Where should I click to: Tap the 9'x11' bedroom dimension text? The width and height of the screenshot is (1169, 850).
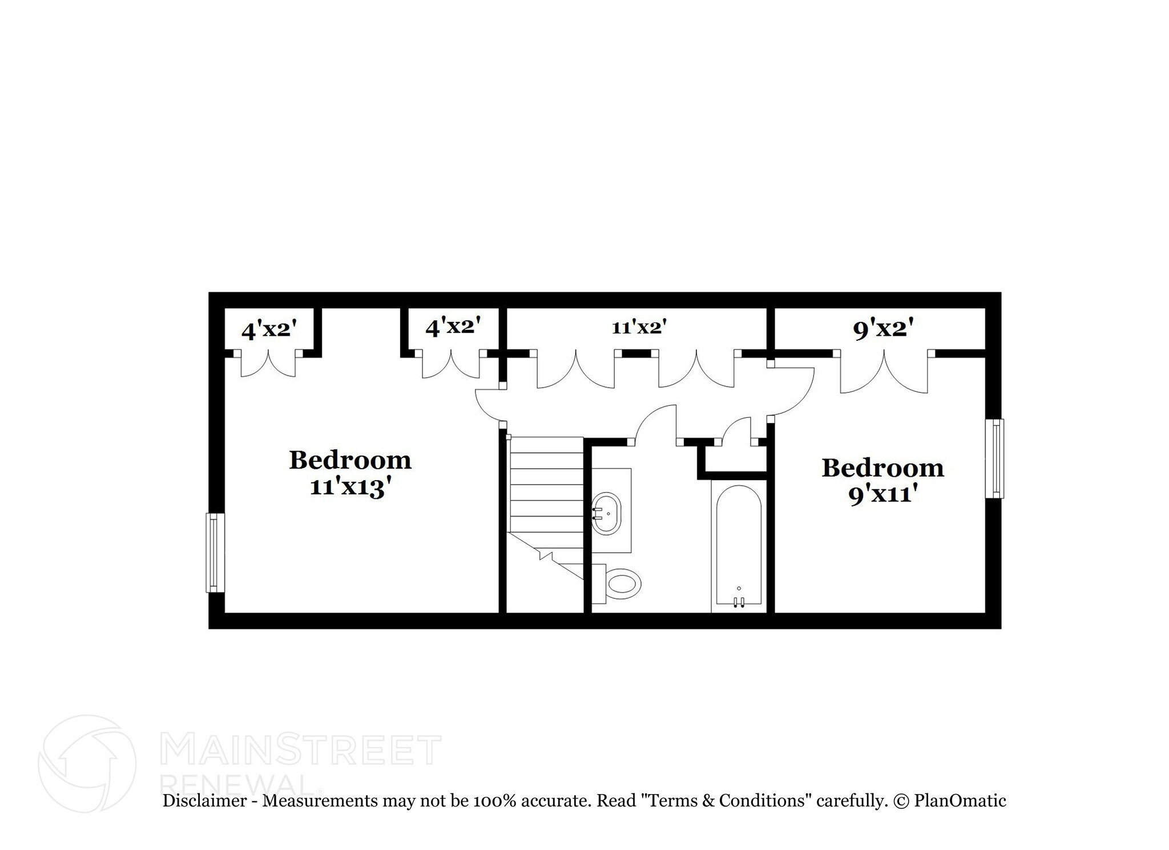pyautogui.click(x=882, y=494)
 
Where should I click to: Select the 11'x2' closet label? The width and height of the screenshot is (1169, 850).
pyautogui.click(x=639, y=328)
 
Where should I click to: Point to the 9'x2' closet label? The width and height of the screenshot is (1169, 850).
pyautogui.click(x=883, y=329)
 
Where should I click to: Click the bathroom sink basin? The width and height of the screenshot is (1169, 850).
pyautogui.click(x=606, y=513)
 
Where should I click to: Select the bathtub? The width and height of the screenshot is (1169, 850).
pyautogui.click(x=739, y=545)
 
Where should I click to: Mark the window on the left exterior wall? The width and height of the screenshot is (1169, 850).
pyautogui.click(x=215, y=552)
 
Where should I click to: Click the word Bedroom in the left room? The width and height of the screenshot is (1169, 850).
pyautogui.click(x=350, y=460)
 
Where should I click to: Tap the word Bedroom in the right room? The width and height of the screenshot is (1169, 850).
pyautogui.click(x=882, y=468)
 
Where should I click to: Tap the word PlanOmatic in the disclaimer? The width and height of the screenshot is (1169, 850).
pyautogui.click(x=960, y=800)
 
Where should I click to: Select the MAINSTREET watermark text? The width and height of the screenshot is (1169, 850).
pyautogui.click(x=301, y=750)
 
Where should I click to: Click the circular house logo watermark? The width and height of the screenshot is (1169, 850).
pyautogui.click(x=87, y=764)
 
